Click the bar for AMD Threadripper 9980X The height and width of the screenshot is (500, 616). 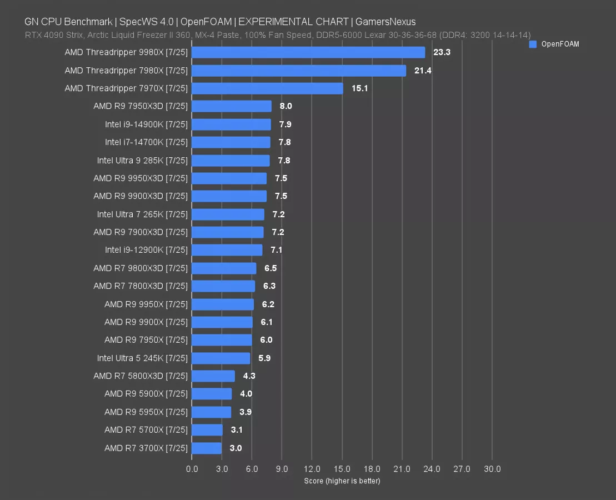(x=308, y=53)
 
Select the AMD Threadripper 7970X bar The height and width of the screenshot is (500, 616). (x=267, y=88)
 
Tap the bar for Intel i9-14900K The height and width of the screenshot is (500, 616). (x=231, y=124)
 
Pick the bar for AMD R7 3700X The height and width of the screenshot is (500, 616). (x=207, y=448)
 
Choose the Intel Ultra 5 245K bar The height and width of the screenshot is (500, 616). (x=221, y=358)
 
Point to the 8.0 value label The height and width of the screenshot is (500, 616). (x=286, y=107)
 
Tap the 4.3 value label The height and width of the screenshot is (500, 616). (x=248, y=376)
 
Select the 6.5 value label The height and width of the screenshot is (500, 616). (x=271, y=268)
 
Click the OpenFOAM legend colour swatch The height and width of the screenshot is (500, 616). (x=533, y=44)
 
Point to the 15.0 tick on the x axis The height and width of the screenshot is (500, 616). (x=342, y=469)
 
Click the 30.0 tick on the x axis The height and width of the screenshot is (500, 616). (x=492, y=469)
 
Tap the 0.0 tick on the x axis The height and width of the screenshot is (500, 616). (x=192, y=469)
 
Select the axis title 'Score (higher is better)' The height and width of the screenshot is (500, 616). (x=342, y=481)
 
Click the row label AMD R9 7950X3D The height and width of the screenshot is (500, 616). (x=141, y=107)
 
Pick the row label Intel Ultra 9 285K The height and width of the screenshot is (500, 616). (x=142, y=161)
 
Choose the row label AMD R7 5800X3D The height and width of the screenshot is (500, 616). (x=141, y=376)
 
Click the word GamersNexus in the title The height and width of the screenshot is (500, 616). (x=385, y=22)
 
